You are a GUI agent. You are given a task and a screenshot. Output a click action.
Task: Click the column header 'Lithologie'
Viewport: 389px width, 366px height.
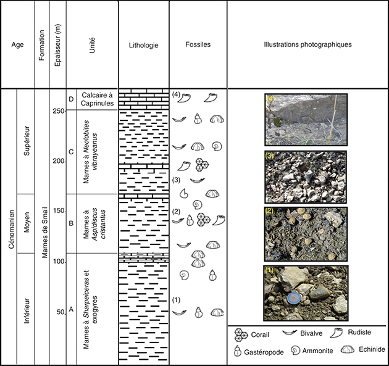[143, 45]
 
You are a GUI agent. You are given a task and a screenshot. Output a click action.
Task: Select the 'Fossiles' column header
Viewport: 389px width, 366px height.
[198, 44]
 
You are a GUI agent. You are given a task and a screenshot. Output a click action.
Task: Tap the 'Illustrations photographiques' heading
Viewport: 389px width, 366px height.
[307, 44]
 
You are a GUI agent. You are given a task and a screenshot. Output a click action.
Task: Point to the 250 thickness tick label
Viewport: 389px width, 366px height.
[59, 111]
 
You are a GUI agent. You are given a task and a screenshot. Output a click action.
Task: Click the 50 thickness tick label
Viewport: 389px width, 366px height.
[61, 312]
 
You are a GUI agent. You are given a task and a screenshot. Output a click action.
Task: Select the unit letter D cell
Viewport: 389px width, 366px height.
[71, 99]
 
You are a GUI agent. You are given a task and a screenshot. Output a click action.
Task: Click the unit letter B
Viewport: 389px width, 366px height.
[71, 223]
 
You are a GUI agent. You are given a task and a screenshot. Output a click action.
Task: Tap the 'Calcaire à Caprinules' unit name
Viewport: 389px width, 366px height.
[98, 99]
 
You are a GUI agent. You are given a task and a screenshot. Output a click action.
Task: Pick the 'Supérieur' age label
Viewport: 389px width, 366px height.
[27, 141]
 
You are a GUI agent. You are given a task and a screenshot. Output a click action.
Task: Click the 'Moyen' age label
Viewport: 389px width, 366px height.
[27, 222]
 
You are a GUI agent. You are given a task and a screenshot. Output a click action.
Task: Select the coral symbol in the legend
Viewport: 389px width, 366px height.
[241, 335]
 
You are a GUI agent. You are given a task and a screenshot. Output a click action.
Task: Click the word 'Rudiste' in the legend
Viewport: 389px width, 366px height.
[359, 332]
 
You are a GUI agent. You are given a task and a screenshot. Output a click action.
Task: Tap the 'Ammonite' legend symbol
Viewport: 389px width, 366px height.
[295, 351]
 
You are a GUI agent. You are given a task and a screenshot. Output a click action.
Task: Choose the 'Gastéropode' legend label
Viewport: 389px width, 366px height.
[264, 352]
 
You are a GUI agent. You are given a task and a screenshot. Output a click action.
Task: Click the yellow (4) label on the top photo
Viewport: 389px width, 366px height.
[270, 98]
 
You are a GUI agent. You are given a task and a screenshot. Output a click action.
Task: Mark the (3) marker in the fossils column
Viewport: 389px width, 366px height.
[176, 180]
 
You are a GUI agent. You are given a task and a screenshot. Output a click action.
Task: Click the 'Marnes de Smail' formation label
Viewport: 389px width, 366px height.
[44, 232]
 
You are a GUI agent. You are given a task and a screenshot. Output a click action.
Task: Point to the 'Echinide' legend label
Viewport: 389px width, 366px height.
[372, 349]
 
